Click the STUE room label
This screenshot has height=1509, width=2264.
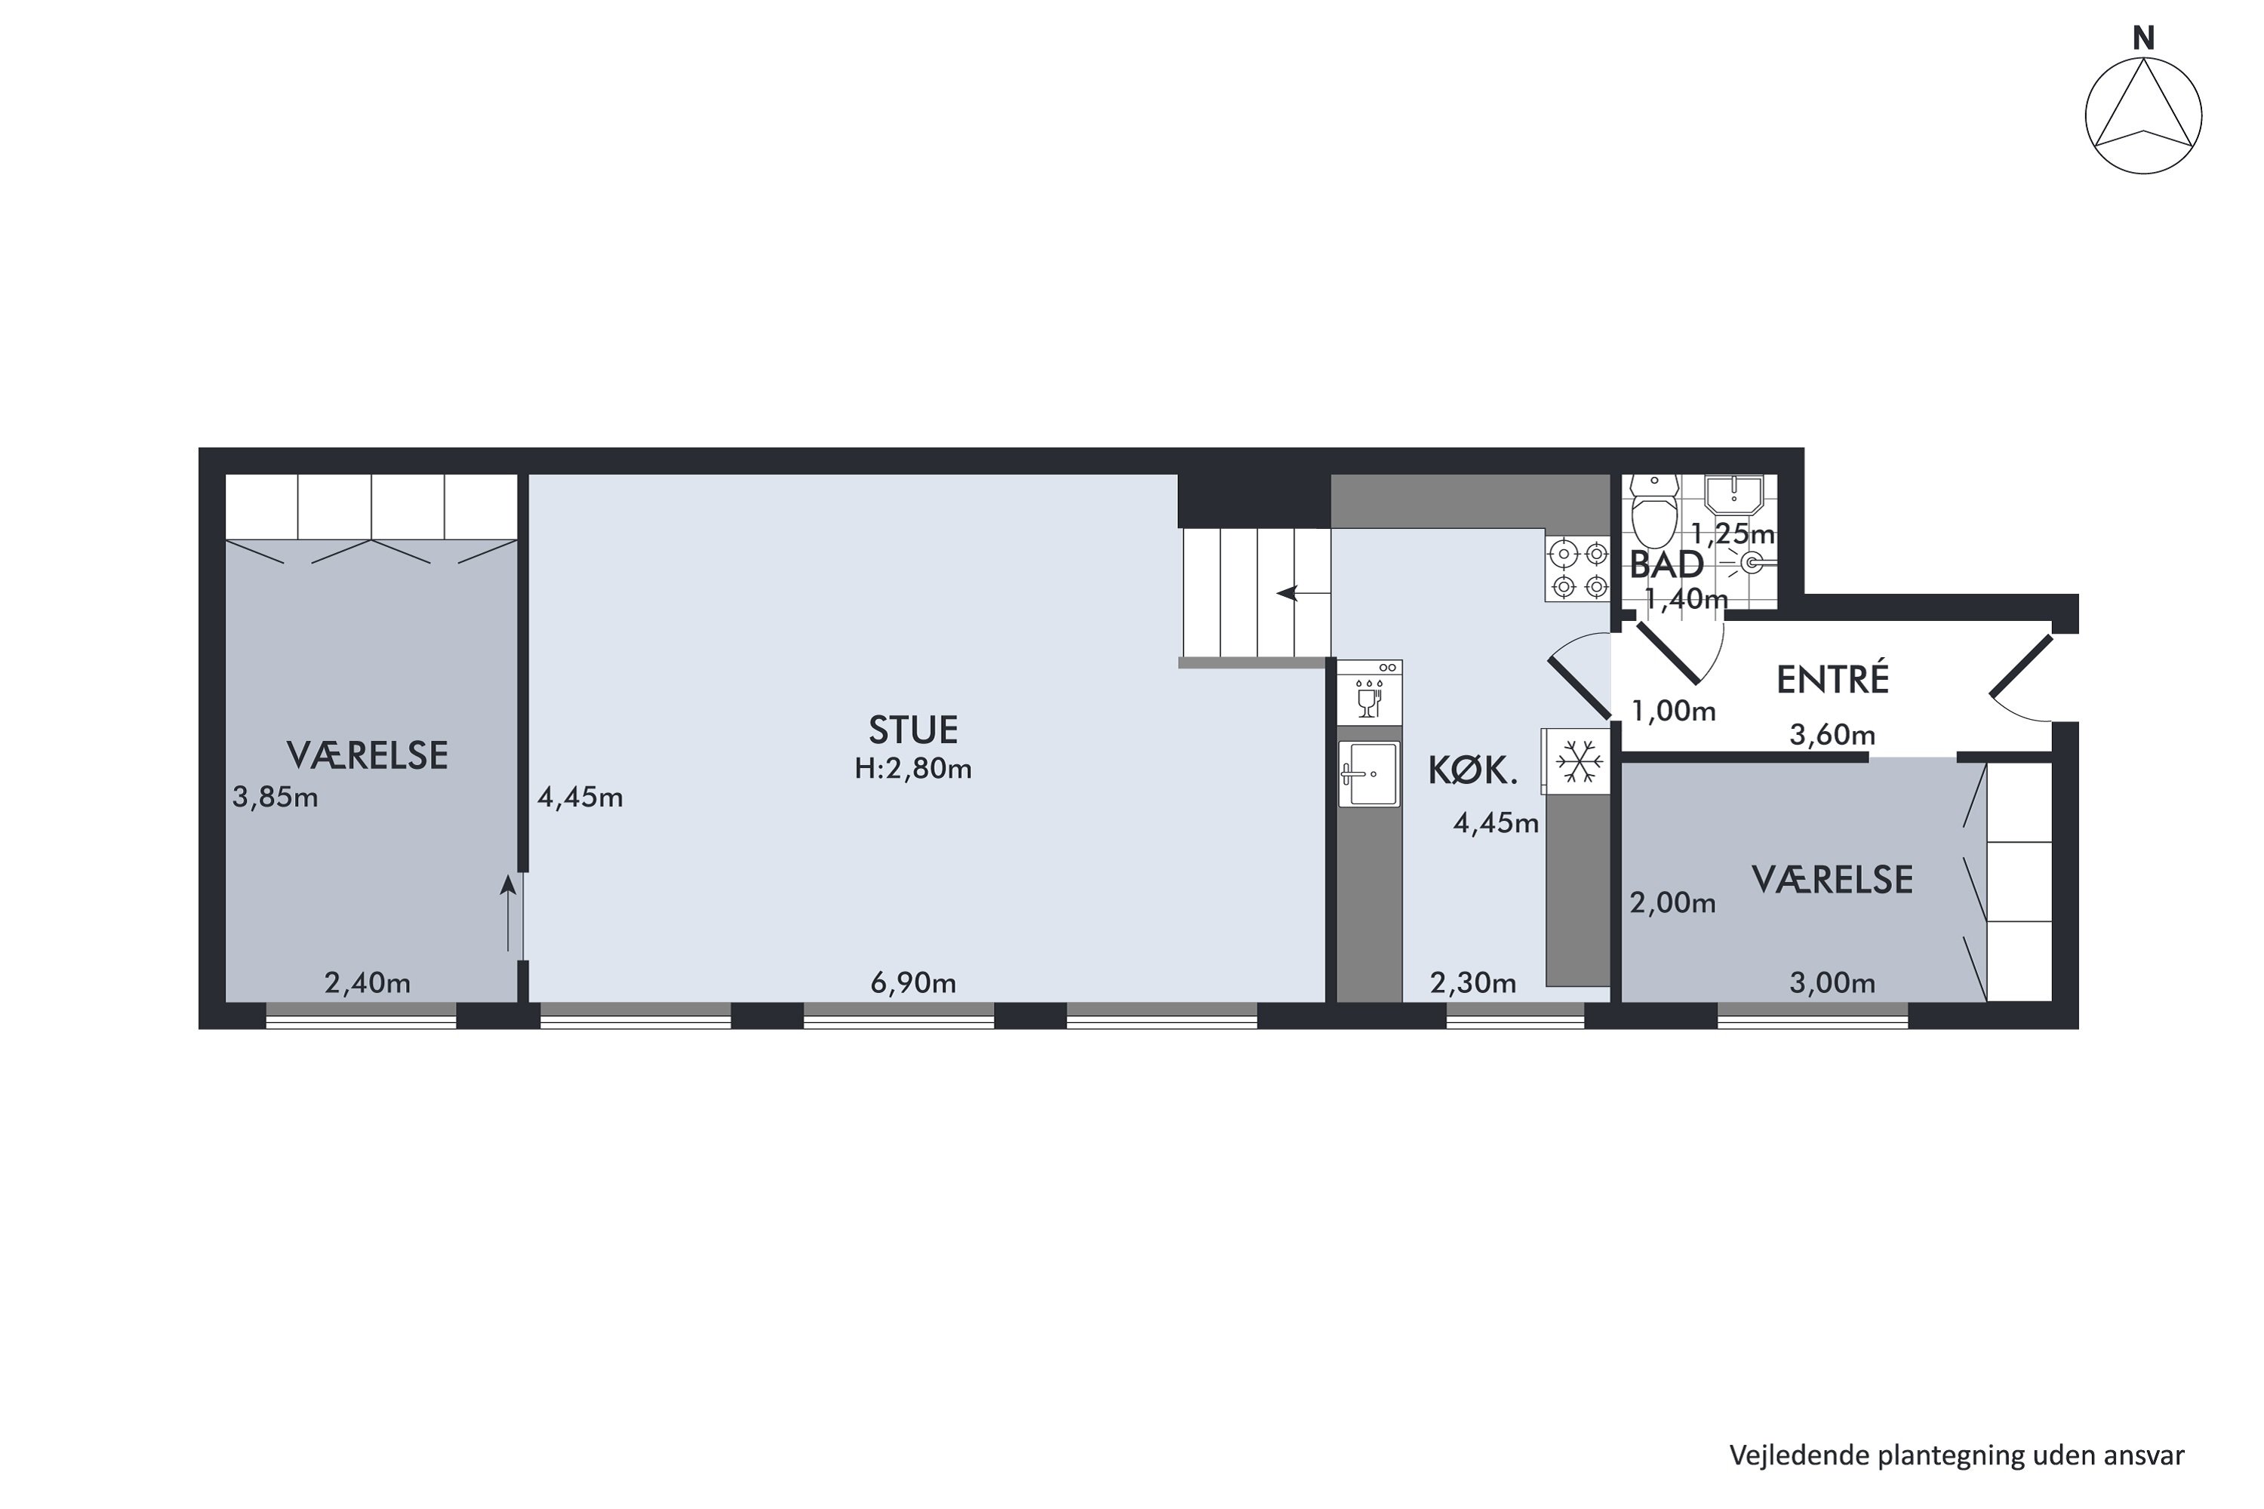pyautogui.click(x=912, y=730)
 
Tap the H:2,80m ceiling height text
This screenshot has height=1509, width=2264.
pyautogui.click(x=912, y=769)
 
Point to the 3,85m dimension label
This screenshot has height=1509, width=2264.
pyautogui.click(x=275, y=798)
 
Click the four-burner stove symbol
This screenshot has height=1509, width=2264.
pyautogui.click(x=1576, y=570)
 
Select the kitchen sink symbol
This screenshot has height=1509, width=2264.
pyautogui.click(x=1369, y=773)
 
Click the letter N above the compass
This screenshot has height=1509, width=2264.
pyautogui.click(x=2144, y=38)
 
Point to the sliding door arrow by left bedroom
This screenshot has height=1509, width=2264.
pyautogui.click(x=508, y=912)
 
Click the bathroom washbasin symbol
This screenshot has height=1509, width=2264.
pyautogui.click(x=1733, y=495)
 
